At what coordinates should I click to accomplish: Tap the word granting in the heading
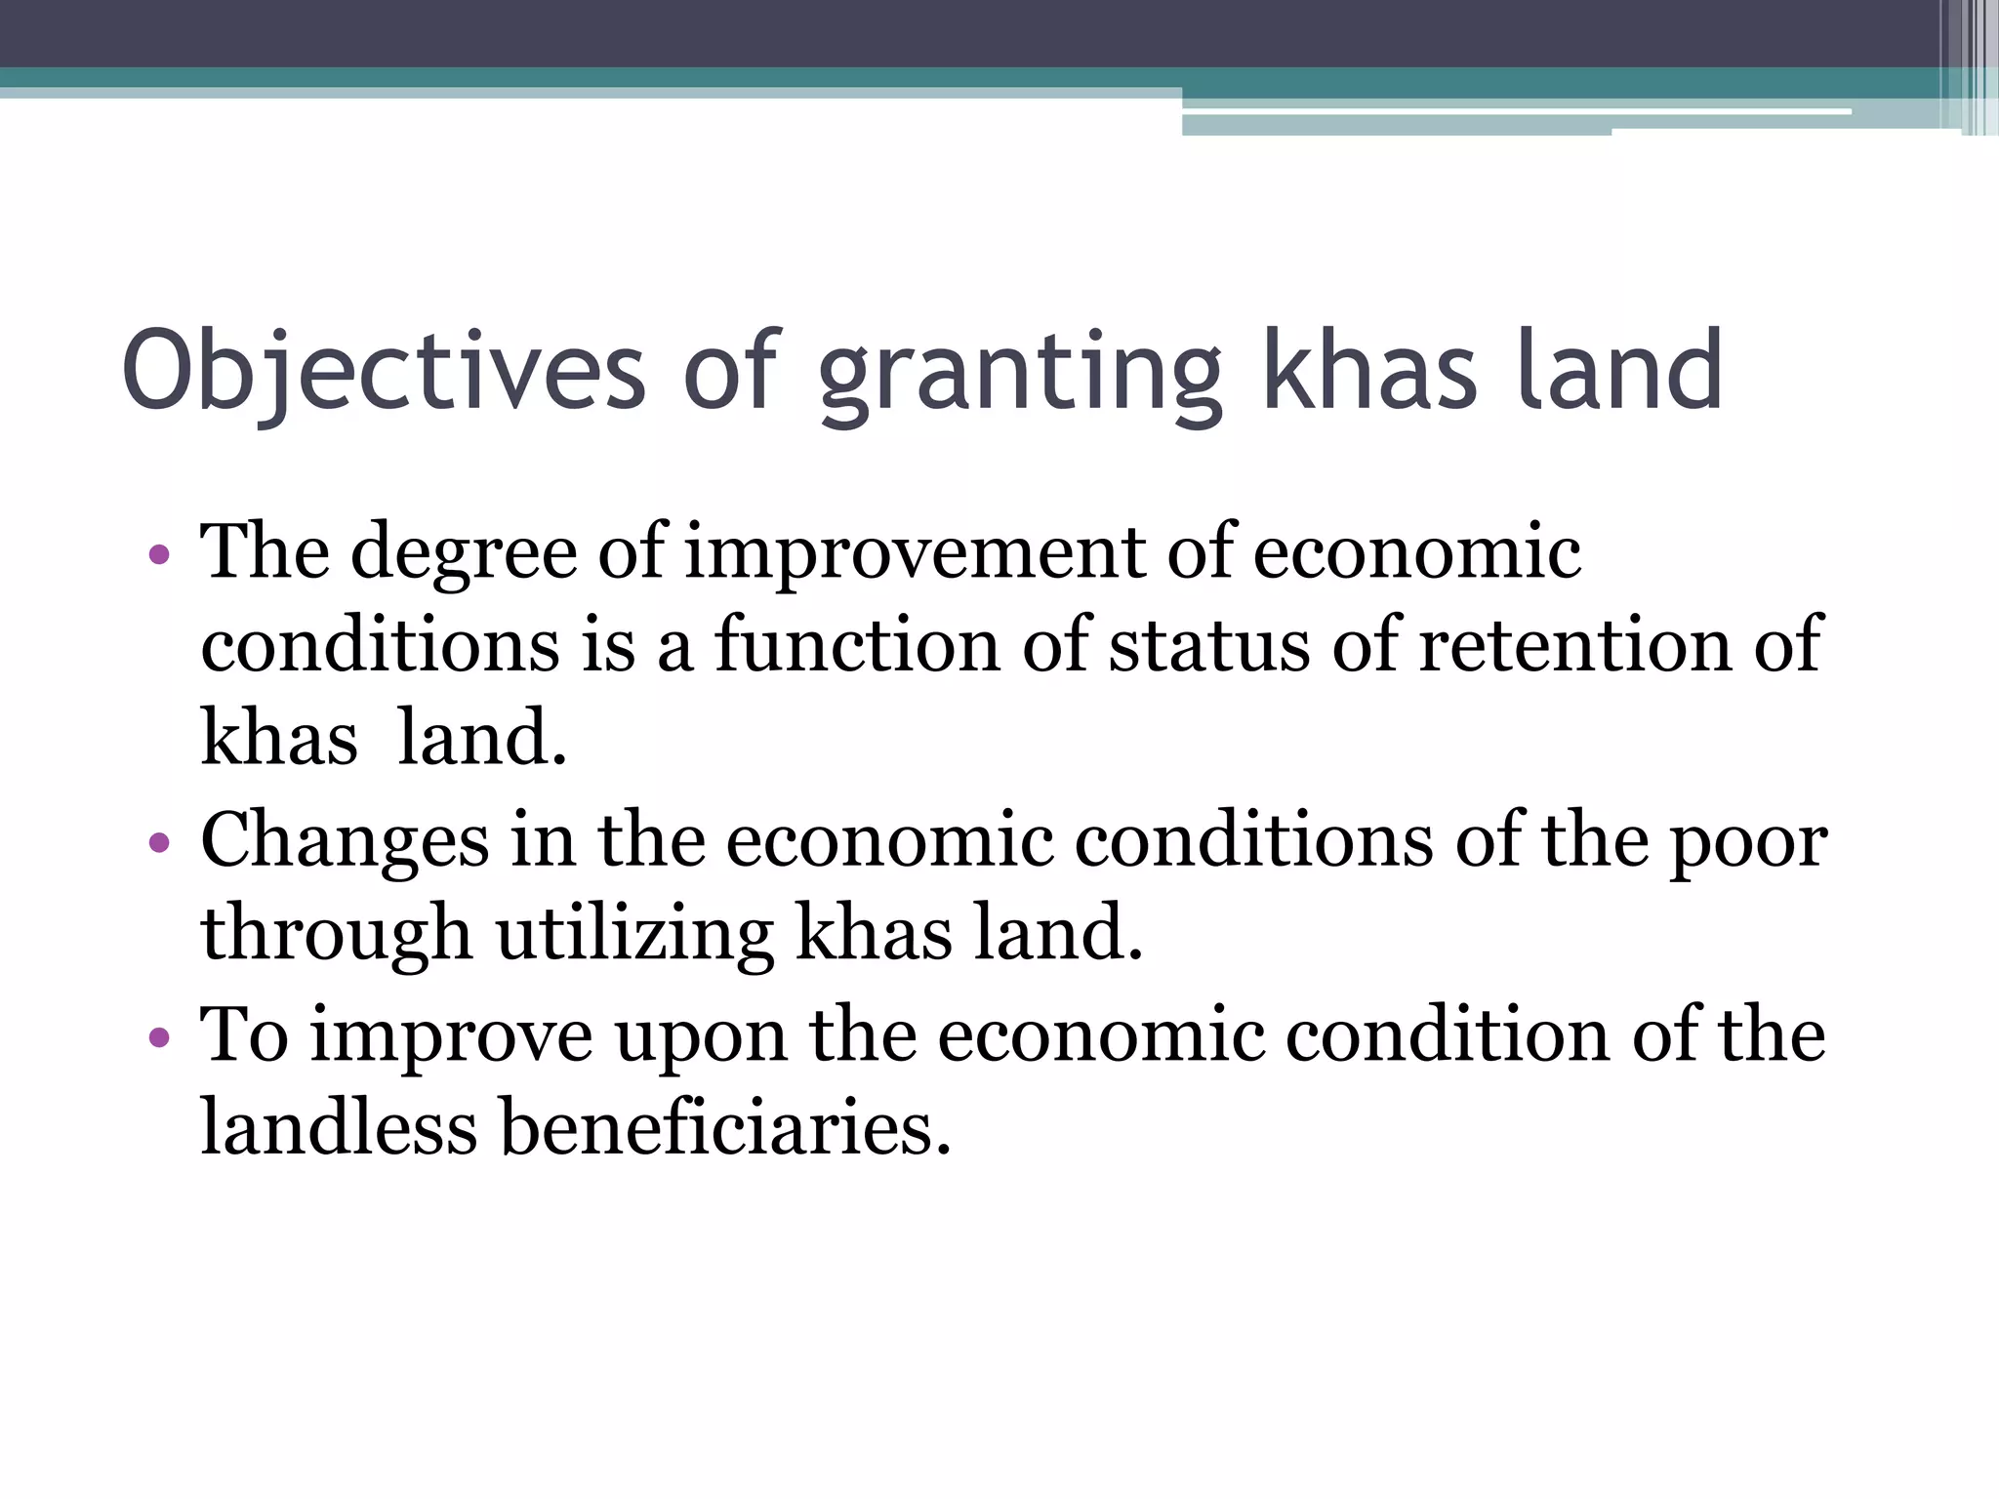pyautogui.click(x=1020, y=376)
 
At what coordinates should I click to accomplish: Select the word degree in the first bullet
pyautogui.click(x=464, y=554)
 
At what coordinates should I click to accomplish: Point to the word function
pyautogui.click(x=858, y=645)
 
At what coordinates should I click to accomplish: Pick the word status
pyautogui.click(x=1209, y=645)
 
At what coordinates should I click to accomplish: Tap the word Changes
pyautogui.click(x=345, y=841)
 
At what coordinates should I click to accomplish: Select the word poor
pyautogui.click(x=1748, y=841)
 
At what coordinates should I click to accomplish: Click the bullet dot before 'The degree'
pyautogui.click(x=160, y=557)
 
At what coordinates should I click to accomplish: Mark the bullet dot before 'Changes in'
pyautogui.click(x=160, y=843)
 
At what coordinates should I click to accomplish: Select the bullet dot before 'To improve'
pyautogui.click(x=160, y=1037)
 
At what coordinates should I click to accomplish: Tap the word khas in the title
pyautogui.click(x=1369, y=372)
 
